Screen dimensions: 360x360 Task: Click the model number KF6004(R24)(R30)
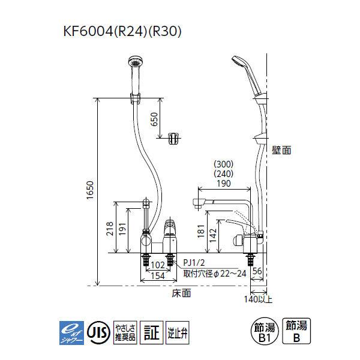coord(123,31)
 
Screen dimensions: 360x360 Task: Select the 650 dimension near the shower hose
coord(155,120)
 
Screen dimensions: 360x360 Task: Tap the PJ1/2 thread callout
coord(195,262)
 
